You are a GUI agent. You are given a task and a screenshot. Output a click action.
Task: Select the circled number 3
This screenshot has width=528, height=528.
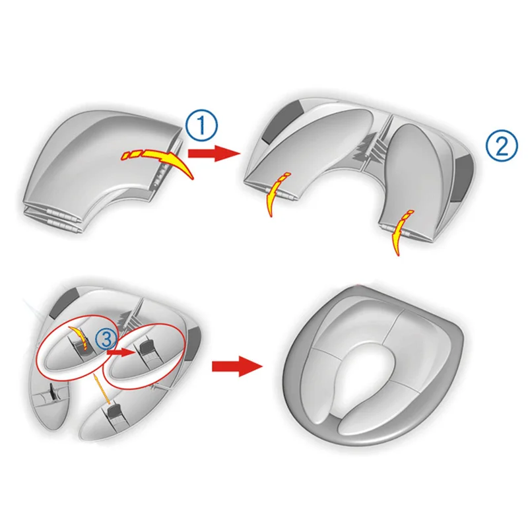[104, 339]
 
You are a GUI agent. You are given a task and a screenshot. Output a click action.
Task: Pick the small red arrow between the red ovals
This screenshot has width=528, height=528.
[121, 352]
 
